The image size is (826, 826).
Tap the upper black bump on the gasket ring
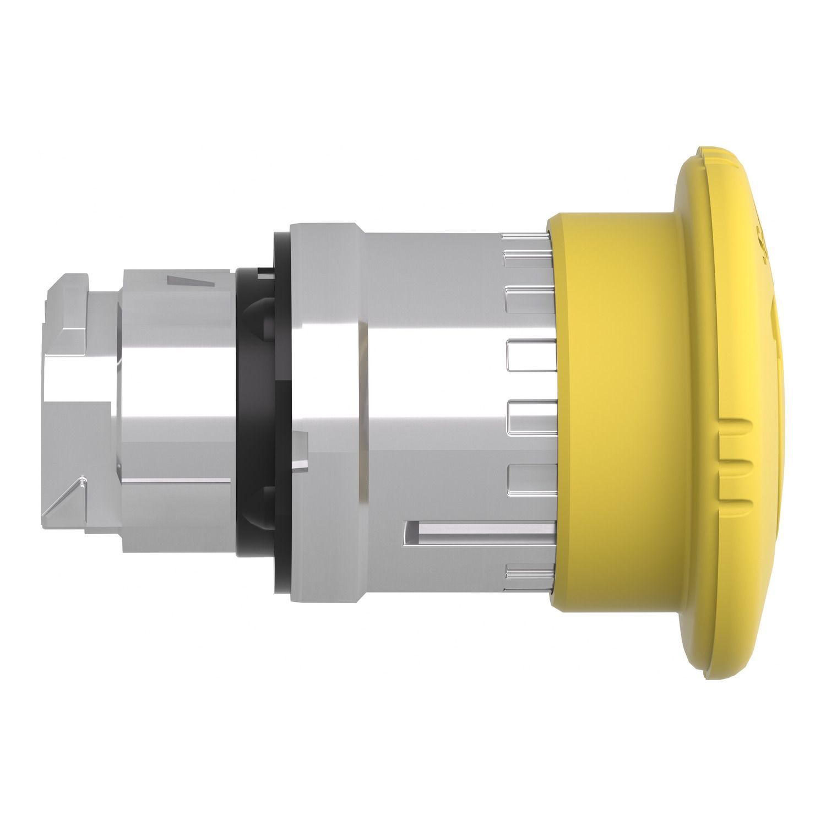click(x=264, y=314)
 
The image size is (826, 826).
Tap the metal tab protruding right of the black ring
click(x=301, y=446)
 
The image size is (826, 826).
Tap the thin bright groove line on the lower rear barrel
click(x=176, y=481)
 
